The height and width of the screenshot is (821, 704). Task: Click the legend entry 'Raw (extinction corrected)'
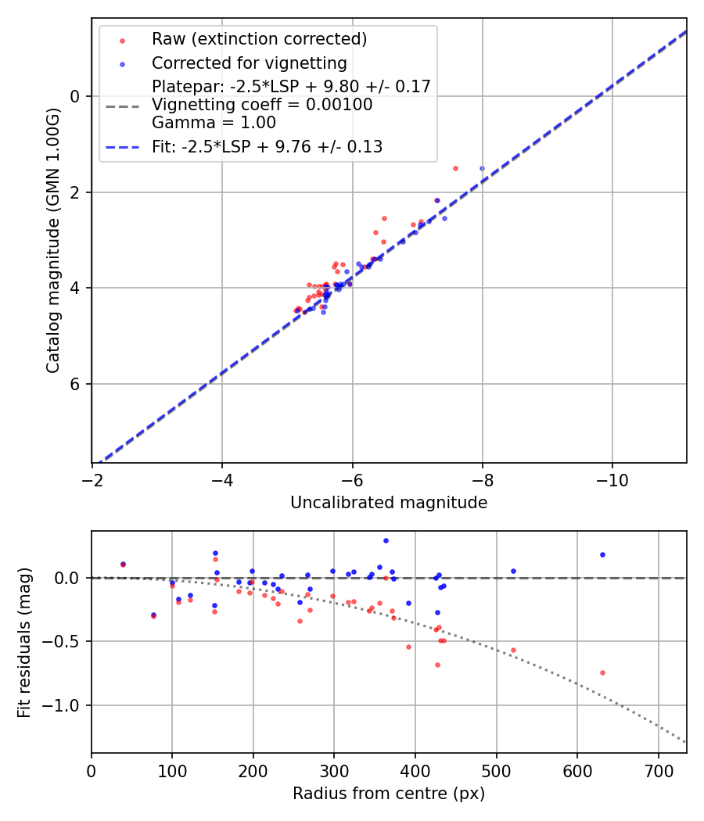tap(259, 39)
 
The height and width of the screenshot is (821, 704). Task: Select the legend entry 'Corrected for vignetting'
tap(249, 63)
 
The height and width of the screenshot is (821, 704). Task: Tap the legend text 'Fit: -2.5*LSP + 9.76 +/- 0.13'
tap(267, 146)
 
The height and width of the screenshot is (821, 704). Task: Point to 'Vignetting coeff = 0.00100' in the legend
tap(262, 105)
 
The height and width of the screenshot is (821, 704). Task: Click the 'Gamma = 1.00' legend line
tap(214, 123)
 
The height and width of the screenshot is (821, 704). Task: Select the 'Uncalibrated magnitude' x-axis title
tap(389, 503)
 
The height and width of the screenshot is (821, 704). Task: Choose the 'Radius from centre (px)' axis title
tap(389, 794)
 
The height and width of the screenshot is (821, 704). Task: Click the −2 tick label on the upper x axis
tap(92, 479)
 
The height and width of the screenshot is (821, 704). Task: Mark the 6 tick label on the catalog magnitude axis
tap(76, 384)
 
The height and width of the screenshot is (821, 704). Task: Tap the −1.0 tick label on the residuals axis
tap(63, 705)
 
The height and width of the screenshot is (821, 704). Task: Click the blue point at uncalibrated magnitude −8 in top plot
tap(482, 168)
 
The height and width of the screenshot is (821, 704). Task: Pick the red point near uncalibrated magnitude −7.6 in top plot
tap(455, 168)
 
